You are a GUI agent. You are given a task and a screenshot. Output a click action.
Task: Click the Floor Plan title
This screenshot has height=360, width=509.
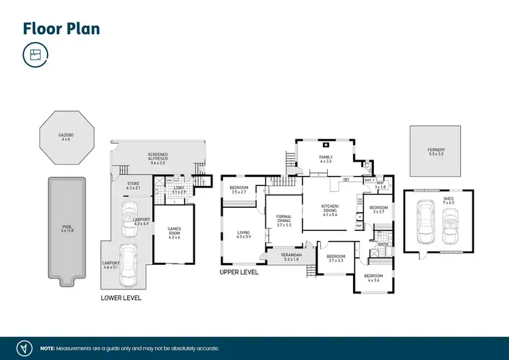pyautogui.click(x=62, y=29)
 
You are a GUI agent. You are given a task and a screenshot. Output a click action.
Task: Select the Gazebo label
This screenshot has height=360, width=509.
pyautogui.click(x=67, y=137)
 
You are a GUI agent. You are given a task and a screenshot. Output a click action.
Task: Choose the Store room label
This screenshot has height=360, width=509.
pyautogui.click(x=134, y=185)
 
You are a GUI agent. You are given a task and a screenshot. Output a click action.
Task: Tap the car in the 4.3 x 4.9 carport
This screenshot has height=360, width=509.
pyautogui.click(x=128, y=217)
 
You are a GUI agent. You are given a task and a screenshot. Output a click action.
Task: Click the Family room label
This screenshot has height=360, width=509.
pyautogui.click(x=326, y=159)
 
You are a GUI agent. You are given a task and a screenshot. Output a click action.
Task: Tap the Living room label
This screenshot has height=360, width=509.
pyautogui.click(x=243, y=234)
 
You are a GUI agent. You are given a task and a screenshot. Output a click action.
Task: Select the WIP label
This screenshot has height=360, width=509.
pyautogui.click(x=379, y=185)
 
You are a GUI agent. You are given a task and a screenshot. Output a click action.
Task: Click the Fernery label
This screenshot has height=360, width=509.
pyautogui.click(x=436, y=151)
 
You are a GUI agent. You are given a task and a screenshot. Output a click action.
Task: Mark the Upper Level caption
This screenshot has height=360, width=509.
pyautogui.click(x=239, y=272)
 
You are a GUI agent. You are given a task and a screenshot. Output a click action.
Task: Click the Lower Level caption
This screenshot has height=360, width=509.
pyautogui.click(x=121, y=298)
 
